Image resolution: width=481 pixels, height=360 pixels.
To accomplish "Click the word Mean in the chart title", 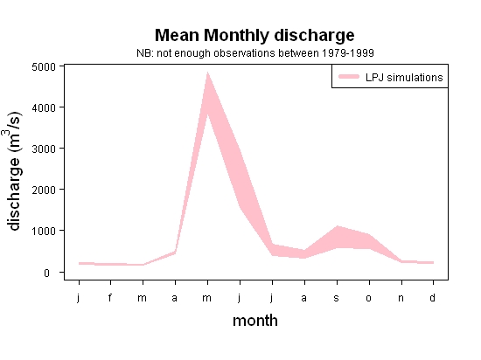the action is (177, 35).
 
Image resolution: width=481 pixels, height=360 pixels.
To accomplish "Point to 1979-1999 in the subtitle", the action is (348, 53).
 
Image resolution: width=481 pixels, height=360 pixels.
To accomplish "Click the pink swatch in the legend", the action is (349, 77).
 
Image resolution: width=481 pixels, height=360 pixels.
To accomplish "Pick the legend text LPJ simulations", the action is (404, 78).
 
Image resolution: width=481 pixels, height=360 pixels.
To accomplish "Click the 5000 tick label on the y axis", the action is (44, 66).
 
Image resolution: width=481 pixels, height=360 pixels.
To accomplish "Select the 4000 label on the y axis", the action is (44, 107).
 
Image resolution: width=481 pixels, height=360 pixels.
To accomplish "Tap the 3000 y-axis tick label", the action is (44, 149).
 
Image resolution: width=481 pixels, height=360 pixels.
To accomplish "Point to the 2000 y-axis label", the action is (44, 190).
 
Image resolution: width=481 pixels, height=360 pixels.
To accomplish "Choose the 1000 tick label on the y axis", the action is (44, 231).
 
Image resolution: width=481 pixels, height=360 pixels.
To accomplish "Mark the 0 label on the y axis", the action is (46, 273).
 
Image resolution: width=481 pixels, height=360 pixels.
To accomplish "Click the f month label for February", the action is (110, 297).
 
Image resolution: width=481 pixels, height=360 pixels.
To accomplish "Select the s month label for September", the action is (336, 298).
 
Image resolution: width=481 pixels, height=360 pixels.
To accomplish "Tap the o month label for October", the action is (369, 298).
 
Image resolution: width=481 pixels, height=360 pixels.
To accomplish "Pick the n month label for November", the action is (401, 298).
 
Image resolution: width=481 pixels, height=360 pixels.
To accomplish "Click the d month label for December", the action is (432, 297).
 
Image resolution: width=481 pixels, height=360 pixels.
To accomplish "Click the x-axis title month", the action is (255, 321).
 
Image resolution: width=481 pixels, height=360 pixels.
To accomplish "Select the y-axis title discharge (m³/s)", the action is (13, 170).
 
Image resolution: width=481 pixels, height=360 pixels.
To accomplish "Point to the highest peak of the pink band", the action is (207, 73).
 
